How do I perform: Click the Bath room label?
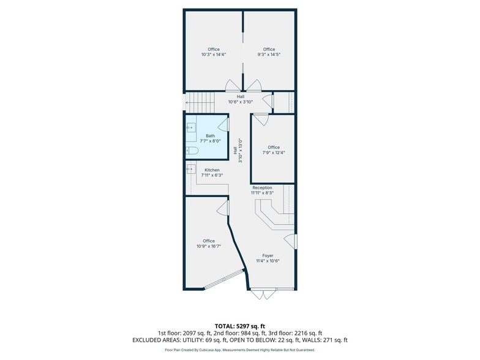click(211, 136)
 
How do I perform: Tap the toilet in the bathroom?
click(192, 151)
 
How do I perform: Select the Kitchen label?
click(212, 170)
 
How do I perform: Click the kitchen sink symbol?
click(191, 169)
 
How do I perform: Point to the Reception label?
click(262, 187)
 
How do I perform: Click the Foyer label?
click(268, 256)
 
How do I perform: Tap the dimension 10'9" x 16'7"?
click(209, 246)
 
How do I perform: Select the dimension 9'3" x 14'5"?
click(269, 54)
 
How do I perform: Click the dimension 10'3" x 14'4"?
click(214, 54)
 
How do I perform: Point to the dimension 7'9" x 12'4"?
click(274, 152)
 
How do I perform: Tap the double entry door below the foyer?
click(263, 294)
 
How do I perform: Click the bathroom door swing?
click(224, 125)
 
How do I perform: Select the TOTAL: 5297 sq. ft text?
click(240, 326)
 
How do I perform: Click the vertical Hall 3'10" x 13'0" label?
click(238, 151)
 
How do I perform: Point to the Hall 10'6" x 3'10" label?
click(240, 99)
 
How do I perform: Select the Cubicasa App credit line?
click(240, 350)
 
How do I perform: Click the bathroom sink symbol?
click(191, 127)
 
